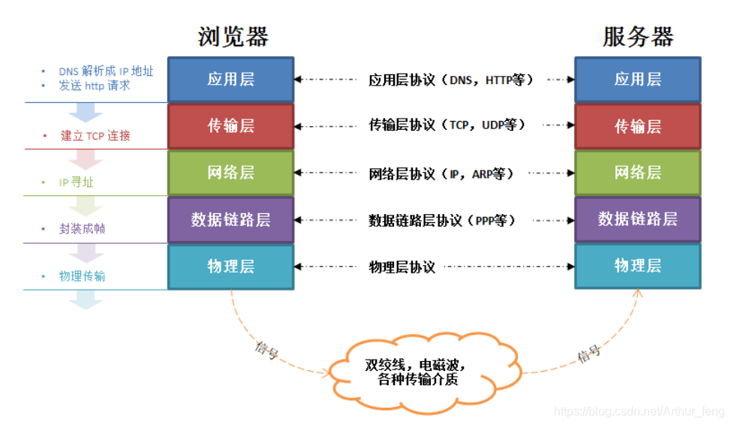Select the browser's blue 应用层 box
[x=231, y=80]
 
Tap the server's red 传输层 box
[x=638, y=126]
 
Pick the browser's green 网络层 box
[x=231, y=173]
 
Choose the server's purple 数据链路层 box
[x=638, y=219]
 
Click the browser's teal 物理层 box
[x=231, y=266]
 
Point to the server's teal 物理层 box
[x=638, y=266]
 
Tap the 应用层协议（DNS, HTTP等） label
[x=450, y=80]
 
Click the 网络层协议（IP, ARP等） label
[x=441, y=173]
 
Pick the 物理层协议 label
[x=402, y=267]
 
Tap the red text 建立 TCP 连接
[x=95, y=136]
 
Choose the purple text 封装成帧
[x=82, y=229]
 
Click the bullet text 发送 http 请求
[x=95, y=86]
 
